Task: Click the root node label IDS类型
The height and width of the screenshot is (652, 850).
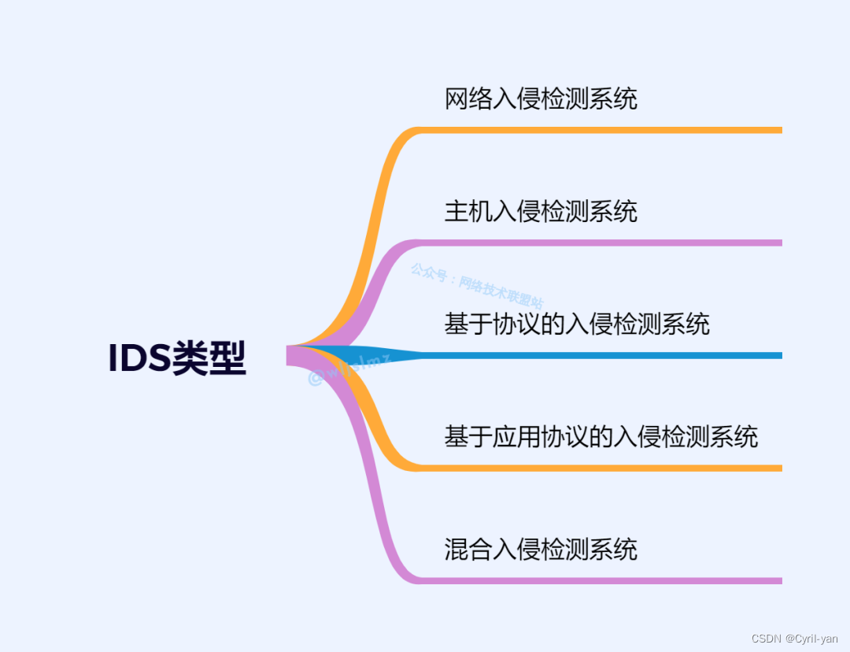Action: [177, 358]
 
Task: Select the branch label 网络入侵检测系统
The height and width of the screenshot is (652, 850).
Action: [541, 99]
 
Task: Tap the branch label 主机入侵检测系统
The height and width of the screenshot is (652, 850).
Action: [541, 212]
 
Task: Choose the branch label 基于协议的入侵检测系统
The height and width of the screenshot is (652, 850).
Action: [577, 324]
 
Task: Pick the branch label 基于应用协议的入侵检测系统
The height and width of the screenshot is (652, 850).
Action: [601, 436]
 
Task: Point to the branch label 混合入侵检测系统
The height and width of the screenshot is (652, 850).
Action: [541, 549]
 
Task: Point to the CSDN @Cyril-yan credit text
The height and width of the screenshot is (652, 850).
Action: [794, 638]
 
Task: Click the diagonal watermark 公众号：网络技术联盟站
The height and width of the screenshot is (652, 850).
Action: [477, 286]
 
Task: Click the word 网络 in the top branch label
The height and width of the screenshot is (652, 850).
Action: [468, 99]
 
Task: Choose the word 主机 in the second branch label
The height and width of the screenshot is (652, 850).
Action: [468, 212]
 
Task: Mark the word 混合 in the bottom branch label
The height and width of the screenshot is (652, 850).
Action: [468, 549]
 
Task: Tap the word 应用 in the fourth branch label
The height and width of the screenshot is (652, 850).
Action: [516, 436]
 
